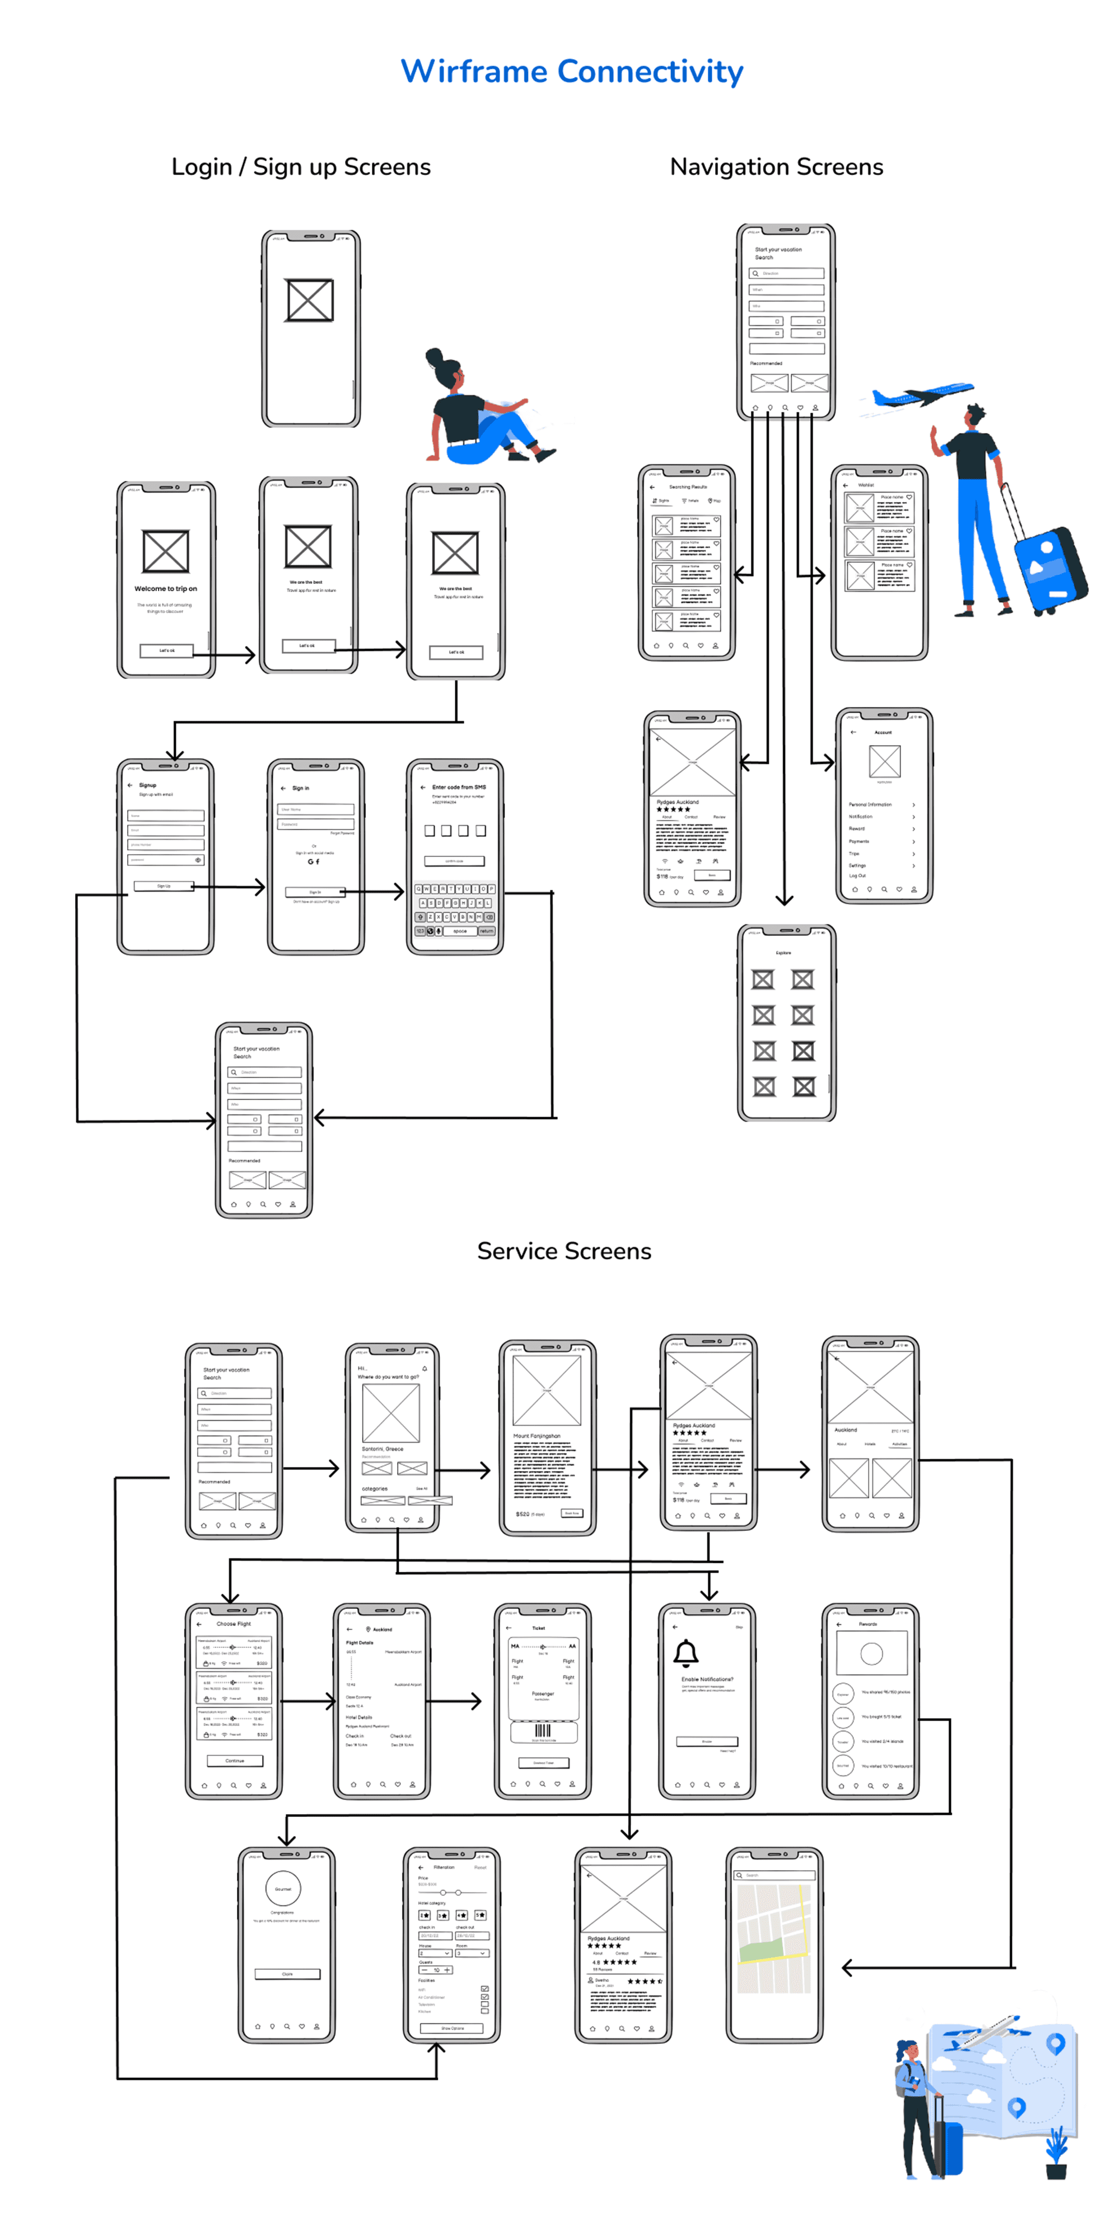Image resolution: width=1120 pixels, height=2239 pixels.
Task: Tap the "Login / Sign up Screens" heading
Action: [301, 167]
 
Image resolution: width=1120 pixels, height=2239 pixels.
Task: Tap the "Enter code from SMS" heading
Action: [458, 786]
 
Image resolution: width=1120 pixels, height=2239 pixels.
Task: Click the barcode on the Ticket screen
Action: [543, 1731]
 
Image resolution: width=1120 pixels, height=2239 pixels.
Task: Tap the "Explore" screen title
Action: [783, 953]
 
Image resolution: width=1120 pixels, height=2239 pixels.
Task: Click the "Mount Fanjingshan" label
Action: [536, 1436]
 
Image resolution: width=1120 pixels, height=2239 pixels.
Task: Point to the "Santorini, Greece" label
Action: [382, 1449]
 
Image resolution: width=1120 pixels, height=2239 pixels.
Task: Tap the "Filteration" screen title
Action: [444, 1867]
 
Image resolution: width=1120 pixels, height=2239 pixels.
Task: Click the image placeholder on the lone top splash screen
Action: [310, 300]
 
